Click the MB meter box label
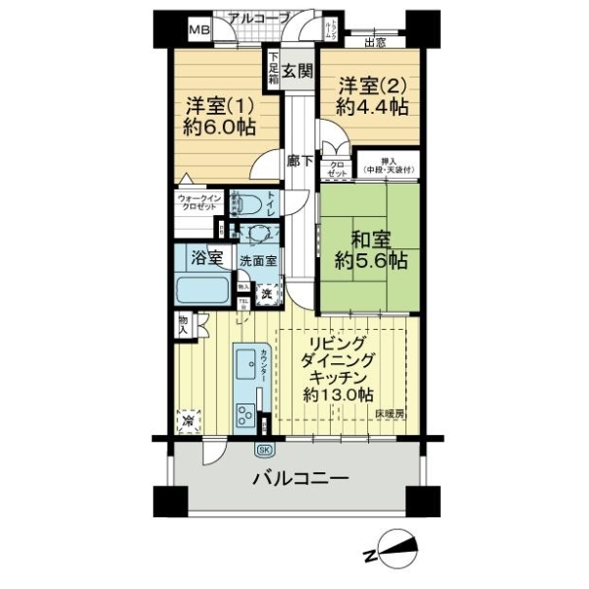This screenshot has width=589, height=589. tap(199, 30)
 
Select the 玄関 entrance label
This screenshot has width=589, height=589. tap(297, 70)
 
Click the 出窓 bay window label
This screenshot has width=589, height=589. tap(374, 41)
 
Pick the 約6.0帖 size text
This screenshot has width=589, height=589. tap(217, 127)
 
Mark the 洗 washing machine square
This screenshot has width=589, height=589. tap(266, 292)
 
